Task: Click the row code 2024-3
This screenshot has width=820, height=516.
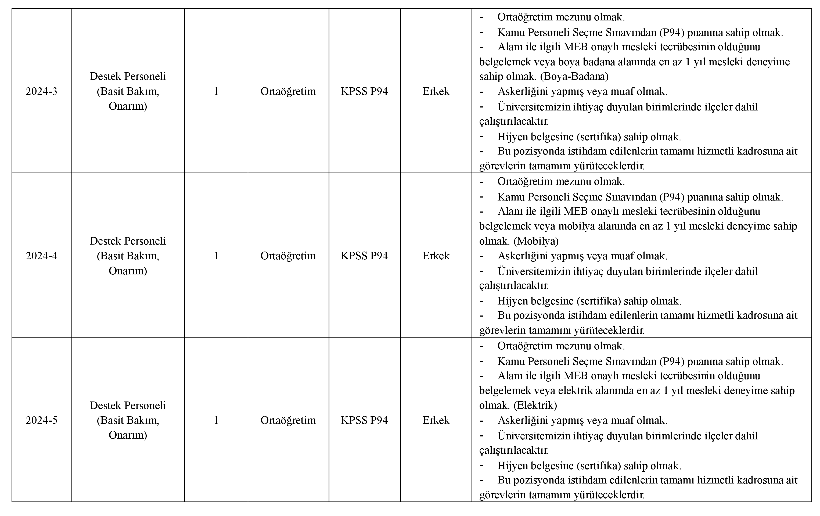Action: pos(42,91)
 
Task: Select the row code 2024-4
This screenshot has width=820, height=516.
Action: pos(42,256)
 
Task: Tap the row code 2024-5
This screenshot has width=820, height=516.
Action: pos(42,420)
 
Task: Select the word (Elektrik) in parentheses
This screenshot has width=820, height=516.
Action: pos(535,405)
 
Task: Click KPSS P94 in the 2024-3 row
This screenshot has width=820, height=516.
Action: pos(364,91)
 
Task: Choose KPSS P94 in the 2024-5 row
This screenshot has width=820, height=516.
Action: pos(364,420)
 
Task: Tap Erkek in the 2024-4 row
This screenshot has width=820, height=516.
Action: pos(436,256)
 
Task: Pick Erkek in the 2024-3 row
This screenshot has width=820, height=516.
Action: pos(436,91)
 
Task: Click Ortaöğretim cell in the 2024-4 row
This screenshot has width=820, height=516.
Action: pos(288,256)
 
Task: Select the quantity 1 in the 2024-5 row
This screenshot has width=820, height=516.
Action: pos(216,420)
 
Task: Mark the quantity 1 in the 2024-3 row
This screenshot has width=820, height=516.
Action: pos(216,91)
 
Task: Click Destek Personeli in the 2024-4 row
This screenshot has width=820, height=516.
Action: pos(128,241)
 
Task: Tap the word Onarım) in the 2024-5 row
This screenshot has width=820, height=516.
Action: pos(128,435)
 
